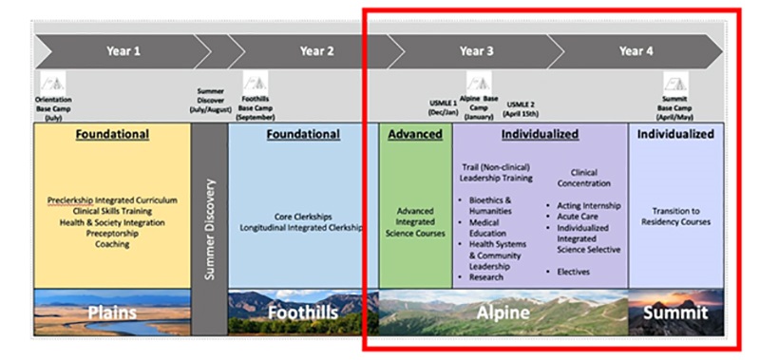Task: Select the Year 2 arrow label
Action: pos(316,51)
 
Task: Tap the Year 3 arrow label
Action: pos(477,51)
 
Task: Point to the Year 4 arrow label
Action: pos(636,51)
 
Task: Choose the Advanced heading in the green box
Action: pos(415,135)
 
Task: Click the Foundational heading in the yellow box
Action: pos(113,135)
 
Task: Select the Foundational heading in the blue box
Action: pos(303,135)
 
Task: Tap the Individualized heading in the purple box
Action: pos(540,135)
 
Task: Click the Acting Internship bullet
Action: pos(588,205)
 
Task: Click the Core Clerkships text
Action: pos(302,217)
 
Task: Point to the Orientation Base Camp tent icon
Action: pos(51,85)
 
